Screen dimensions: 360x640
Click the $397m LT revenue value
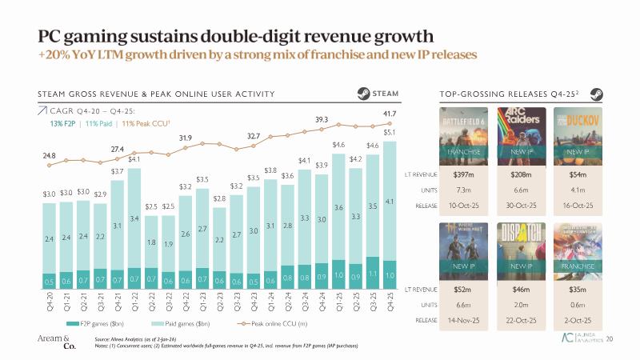click(460, 174)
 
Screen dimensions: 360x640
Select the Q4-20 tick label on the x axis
click(49, 302)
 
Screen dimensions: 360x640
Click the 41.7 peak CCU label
click(390, 116)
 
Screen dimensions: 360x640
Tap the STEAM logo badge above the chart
click(386, 94)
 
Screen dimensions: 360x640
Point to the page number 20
click(610, 339)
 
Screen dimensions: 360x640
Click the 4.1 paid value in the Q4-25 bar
click(390, 202)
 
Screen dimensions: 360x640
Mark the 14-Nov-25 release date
click(460, 318)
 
